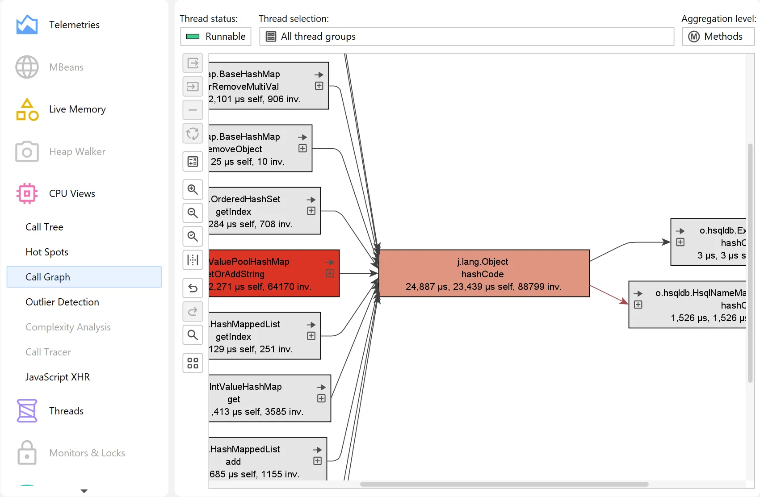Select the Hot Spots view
pos(47,252)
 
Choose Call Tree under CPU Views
pos(44,227)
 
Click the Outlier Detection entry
pos(62,302)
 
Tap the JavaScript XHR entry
pos(57,377)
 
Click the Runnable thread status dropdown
pos(216,36)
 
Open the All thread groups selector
pos(466,36)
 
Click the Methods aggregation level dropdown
pos(718,36)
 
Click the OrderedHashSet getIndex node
pos(265,211)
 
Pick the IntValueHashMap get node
pos(270,398)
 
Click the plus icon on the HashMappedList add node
pos(317,461)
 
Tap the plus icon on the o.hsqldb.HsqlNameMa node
pos(638,305)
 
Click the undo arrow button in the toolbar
pos(193,288)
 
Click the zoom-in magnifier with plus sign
pos(193,189)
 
